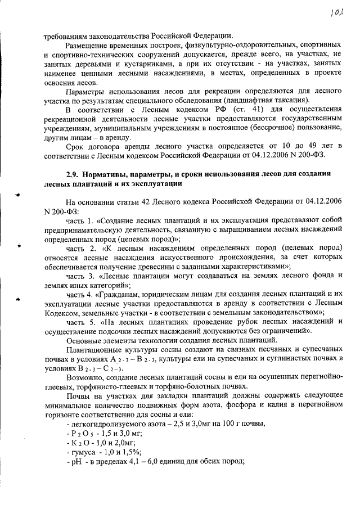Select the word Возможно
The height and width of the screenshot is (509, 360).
83,377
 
